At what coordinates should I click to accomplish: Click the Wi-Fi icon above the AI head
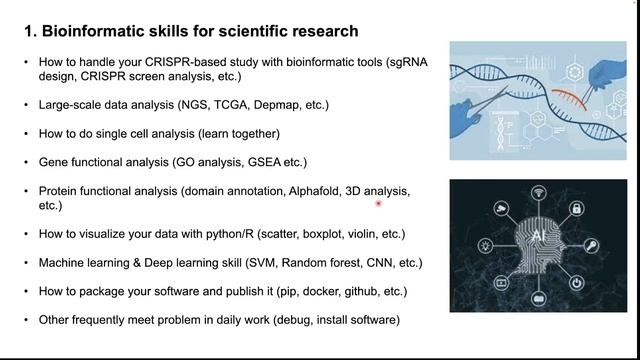[x=537, y=193]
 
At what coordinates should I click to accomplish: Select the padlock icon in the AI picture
[x=577, y=209]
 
